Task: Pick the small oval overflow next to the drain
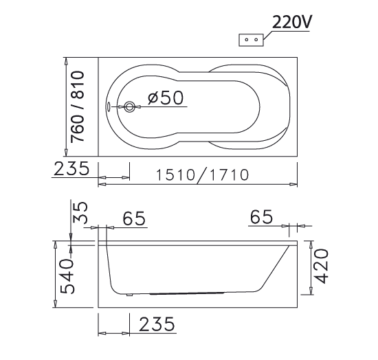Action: click(x=110, y=106)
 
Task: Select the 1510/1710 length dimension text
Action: click(x=201, y=175)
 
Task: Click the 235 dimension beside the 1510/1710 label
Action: click(x=71, y=168)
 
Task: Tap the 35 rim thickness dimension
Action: click(x=81, y=213)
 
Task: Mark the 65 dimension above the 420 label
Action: click(x=261, y=218)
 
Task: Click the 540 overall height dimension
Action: click(x=67, y=275)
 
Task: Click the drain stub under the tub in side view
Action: click(x=129, y=296)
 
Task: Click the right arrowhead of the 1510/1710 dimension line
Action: click(x=293, y=184)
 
